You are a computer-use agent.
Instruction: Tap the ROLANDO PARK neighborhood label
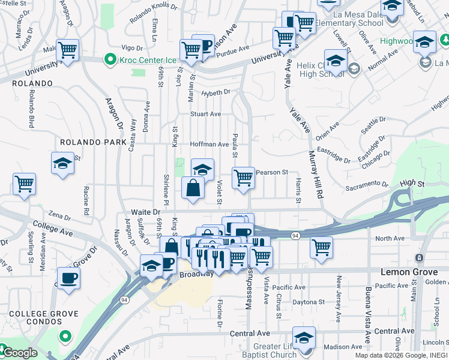point(93,142)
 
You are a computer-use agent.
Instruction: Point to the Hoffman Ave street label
point(209,145)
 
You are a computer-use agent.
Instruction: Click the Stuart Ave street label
point(206,114)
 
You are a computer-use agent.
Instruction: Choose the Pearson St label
point(273,173)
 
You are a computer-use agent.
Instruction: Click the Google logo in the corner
point(19,353)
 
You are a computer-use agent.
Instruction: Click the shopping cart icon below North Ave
point(322,246)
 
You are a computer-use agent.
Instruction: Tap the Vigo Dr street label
point(131,47)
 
